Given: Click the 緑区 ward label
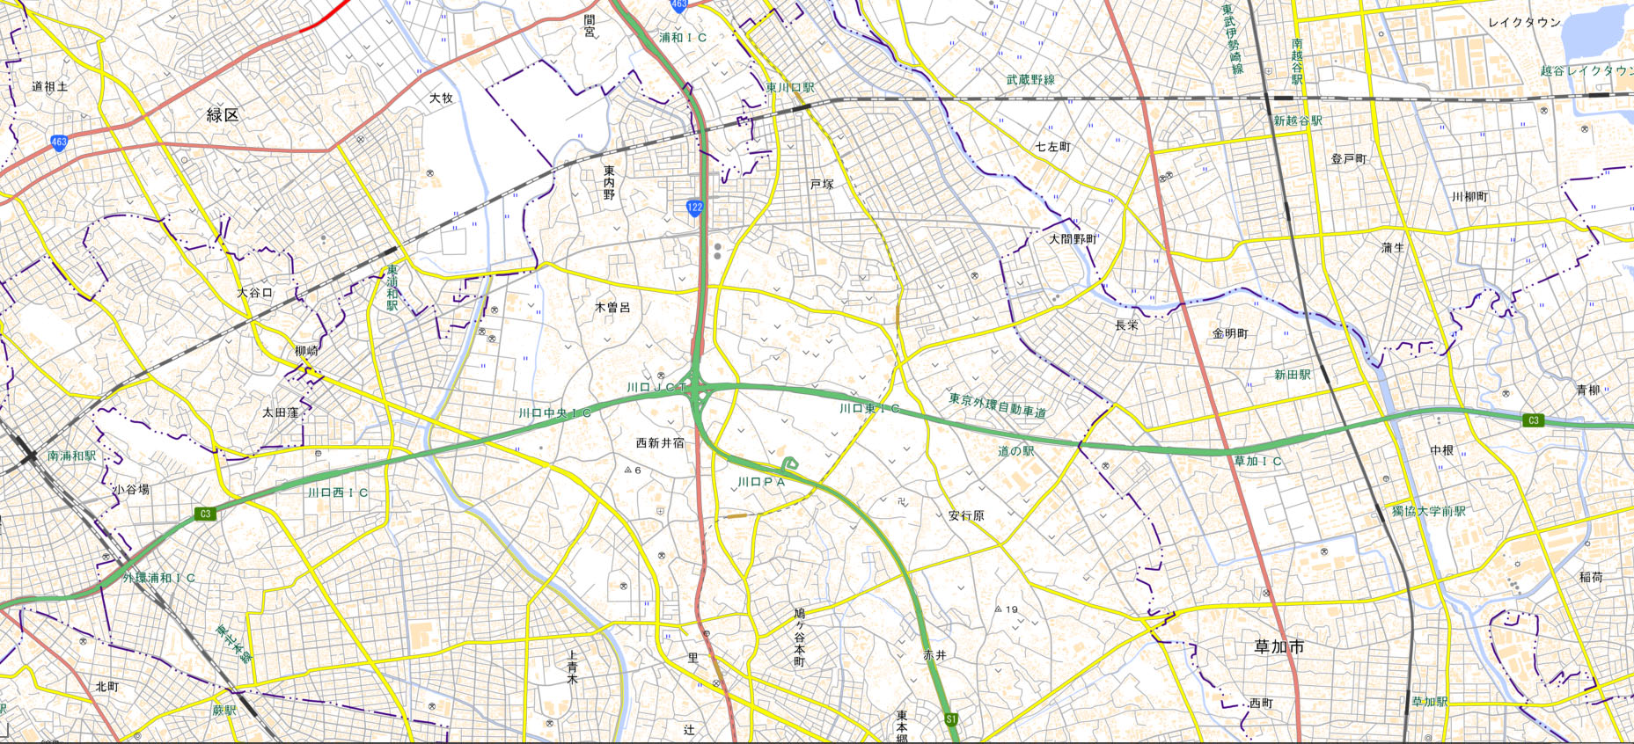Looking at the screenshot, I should point(223,114).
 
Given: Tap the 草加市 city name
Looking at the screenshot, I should point(1279,646).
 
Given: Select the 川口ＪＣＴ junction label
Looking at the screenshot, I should point(656,387).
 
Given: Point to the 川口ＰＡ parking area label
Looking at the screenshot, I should point(760,482).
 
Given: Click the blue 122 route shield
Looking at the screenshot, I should point(694,208).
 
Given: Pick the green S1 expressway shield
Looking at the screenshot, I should point(951,719).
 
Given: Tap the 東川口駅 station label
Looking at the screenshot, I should point(790,88).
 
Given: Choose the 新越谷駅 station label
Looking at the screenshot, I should point(1298,120).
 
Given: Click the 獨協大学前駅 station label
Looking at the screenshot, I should point(1428,511).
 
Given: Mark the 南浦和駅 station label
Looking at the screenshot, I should point(72,456).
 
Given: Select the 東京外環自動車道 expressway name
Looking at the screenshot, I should point(997,405).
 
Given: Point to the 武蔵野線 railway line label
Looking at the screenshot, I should point(1030,80).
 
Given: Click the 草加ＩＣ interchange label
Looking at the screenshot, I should point(1257,461).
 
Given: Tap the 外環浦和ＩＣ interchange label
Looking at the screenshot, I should point(159,578).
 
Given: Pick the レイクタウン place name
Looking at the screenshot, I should point(1524,23).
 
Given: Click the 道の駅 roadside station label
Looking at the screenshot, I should point(1016,451).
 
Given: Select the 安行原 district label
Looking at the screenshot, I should point(966,515).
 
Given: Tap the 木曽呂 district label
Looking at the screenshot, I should point(612,308).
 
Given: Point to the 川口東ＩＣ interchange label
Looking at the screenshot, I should point(869,409).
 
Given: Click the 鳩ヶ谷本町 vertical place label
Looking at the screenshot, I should point(799,636).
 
